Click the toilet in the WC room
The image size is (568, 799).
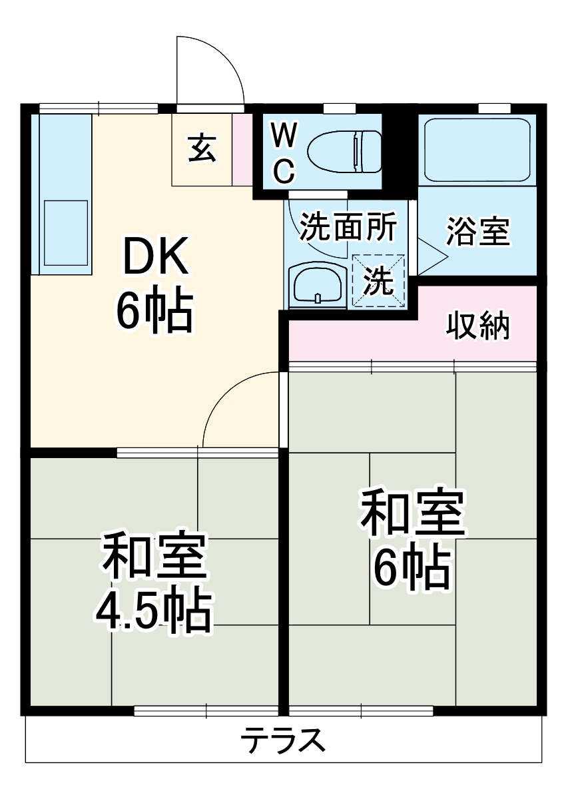tap(345, 150)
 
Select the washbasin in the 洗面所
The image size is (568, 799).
tap(318, 286)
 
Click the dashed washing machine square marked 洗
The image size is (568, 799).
tap(378, 280)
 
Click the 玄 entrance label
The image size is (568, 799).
tap(201, 148)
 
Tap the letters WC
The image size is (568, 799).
tap(284, 154)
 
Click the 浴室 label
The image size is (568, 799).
tap(477, 230)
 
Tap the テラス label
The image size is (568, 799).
tap(283, 740)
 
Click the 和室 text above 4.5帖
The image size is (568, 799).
tap(154, 557)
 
